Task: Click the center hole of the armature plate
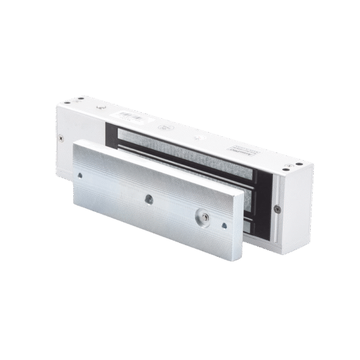pos(146,196)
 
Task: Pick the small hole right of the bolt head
pos(224,226)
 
